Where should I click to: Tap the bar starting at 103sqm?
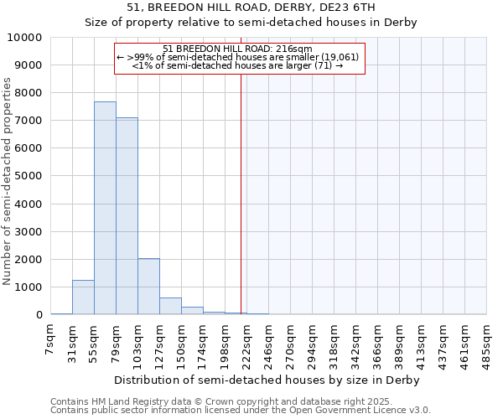click(148, 287)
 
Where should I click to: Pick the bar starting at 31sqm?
click(83, 297)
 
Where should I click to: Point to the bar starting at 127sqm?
click(170, 306)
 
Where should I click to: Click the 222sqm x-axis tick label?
click(246, 345)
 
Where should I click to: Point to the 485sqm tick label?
click(486, 345)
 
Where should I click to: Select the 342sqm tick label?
click(355, 345)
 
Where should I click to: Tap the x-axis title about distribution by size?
click(268, 380)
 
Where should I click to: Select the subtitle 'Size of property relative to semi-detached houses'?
click(251, 23)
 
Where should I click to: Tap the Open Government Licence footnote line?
click(240, 411)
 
